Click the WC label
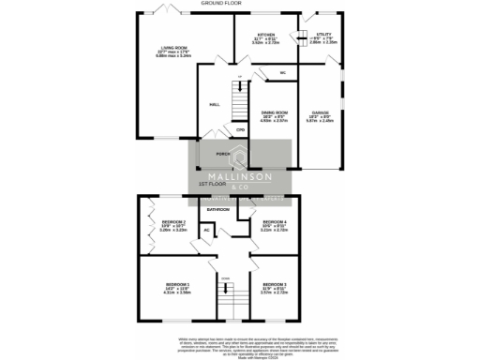281,72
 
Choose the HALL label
214,105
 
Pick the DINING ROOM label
274,114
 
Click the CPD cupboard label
240,129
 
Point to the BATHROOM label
218,209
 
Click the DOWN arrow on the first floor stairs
225,278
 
